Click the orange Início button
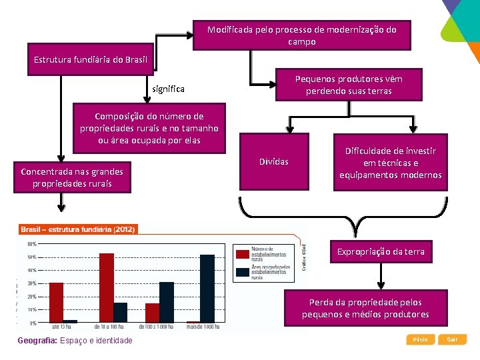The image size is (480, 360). [420, 339]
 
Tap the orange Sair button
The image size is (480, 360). [453, 339]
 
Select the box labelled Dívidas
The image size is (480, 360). [274, 162]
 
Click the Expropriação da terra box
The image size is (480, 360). [381, 251]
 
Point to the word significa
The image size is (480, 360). [169, 89]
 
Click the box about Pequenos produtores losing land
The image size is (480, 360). [349, 85]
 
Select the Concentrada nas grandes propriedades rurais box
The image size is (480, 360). [72, 177]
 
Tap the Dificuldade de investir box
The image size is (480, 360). [390, 163]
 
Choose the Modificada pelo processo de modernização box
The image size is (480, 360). [301, 35]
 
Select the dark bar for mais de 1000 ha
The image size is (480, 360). [207, 289]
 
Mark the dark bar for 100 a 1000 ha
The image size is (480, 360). [167, 302]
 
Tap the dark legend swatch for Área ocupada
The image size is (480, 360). [241, 272]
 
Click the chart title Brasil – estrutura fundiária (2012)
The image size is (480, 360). [78, 229]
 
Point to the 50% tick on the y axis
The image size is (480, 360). [33, 257]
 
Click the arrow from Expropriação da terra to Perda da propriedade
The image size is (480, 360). [381, 275]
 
